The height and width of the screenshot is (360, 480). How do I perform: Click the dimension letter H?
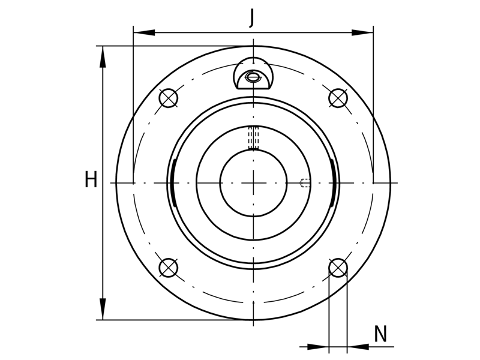[91, 179]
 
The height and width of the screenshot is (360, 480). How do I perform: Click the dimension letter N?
[380, 334]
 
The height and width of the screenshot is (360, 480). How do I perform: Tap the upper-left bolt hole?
[169, 97]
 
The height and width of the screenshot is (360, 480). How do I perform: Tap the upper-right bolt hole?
[338, 97]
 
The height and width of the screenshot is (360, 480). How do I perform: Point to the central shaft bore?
[253, 182]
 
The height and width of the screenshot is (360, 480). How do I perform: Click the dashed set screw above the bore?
[253, 137]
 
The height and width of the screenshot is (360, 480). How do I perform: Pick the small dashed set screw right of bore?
[304, 182]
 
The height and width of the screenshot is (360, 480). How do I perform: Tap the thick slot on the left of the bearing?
[172, 182]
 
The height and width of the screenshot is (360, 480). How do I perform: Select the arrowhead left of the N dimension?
[318, 346]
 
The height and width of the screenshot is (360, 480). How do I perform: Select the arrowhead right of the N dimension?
[358, 346]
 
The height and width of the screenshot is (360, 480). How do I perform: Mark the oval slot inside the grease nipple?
[254, 76]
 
